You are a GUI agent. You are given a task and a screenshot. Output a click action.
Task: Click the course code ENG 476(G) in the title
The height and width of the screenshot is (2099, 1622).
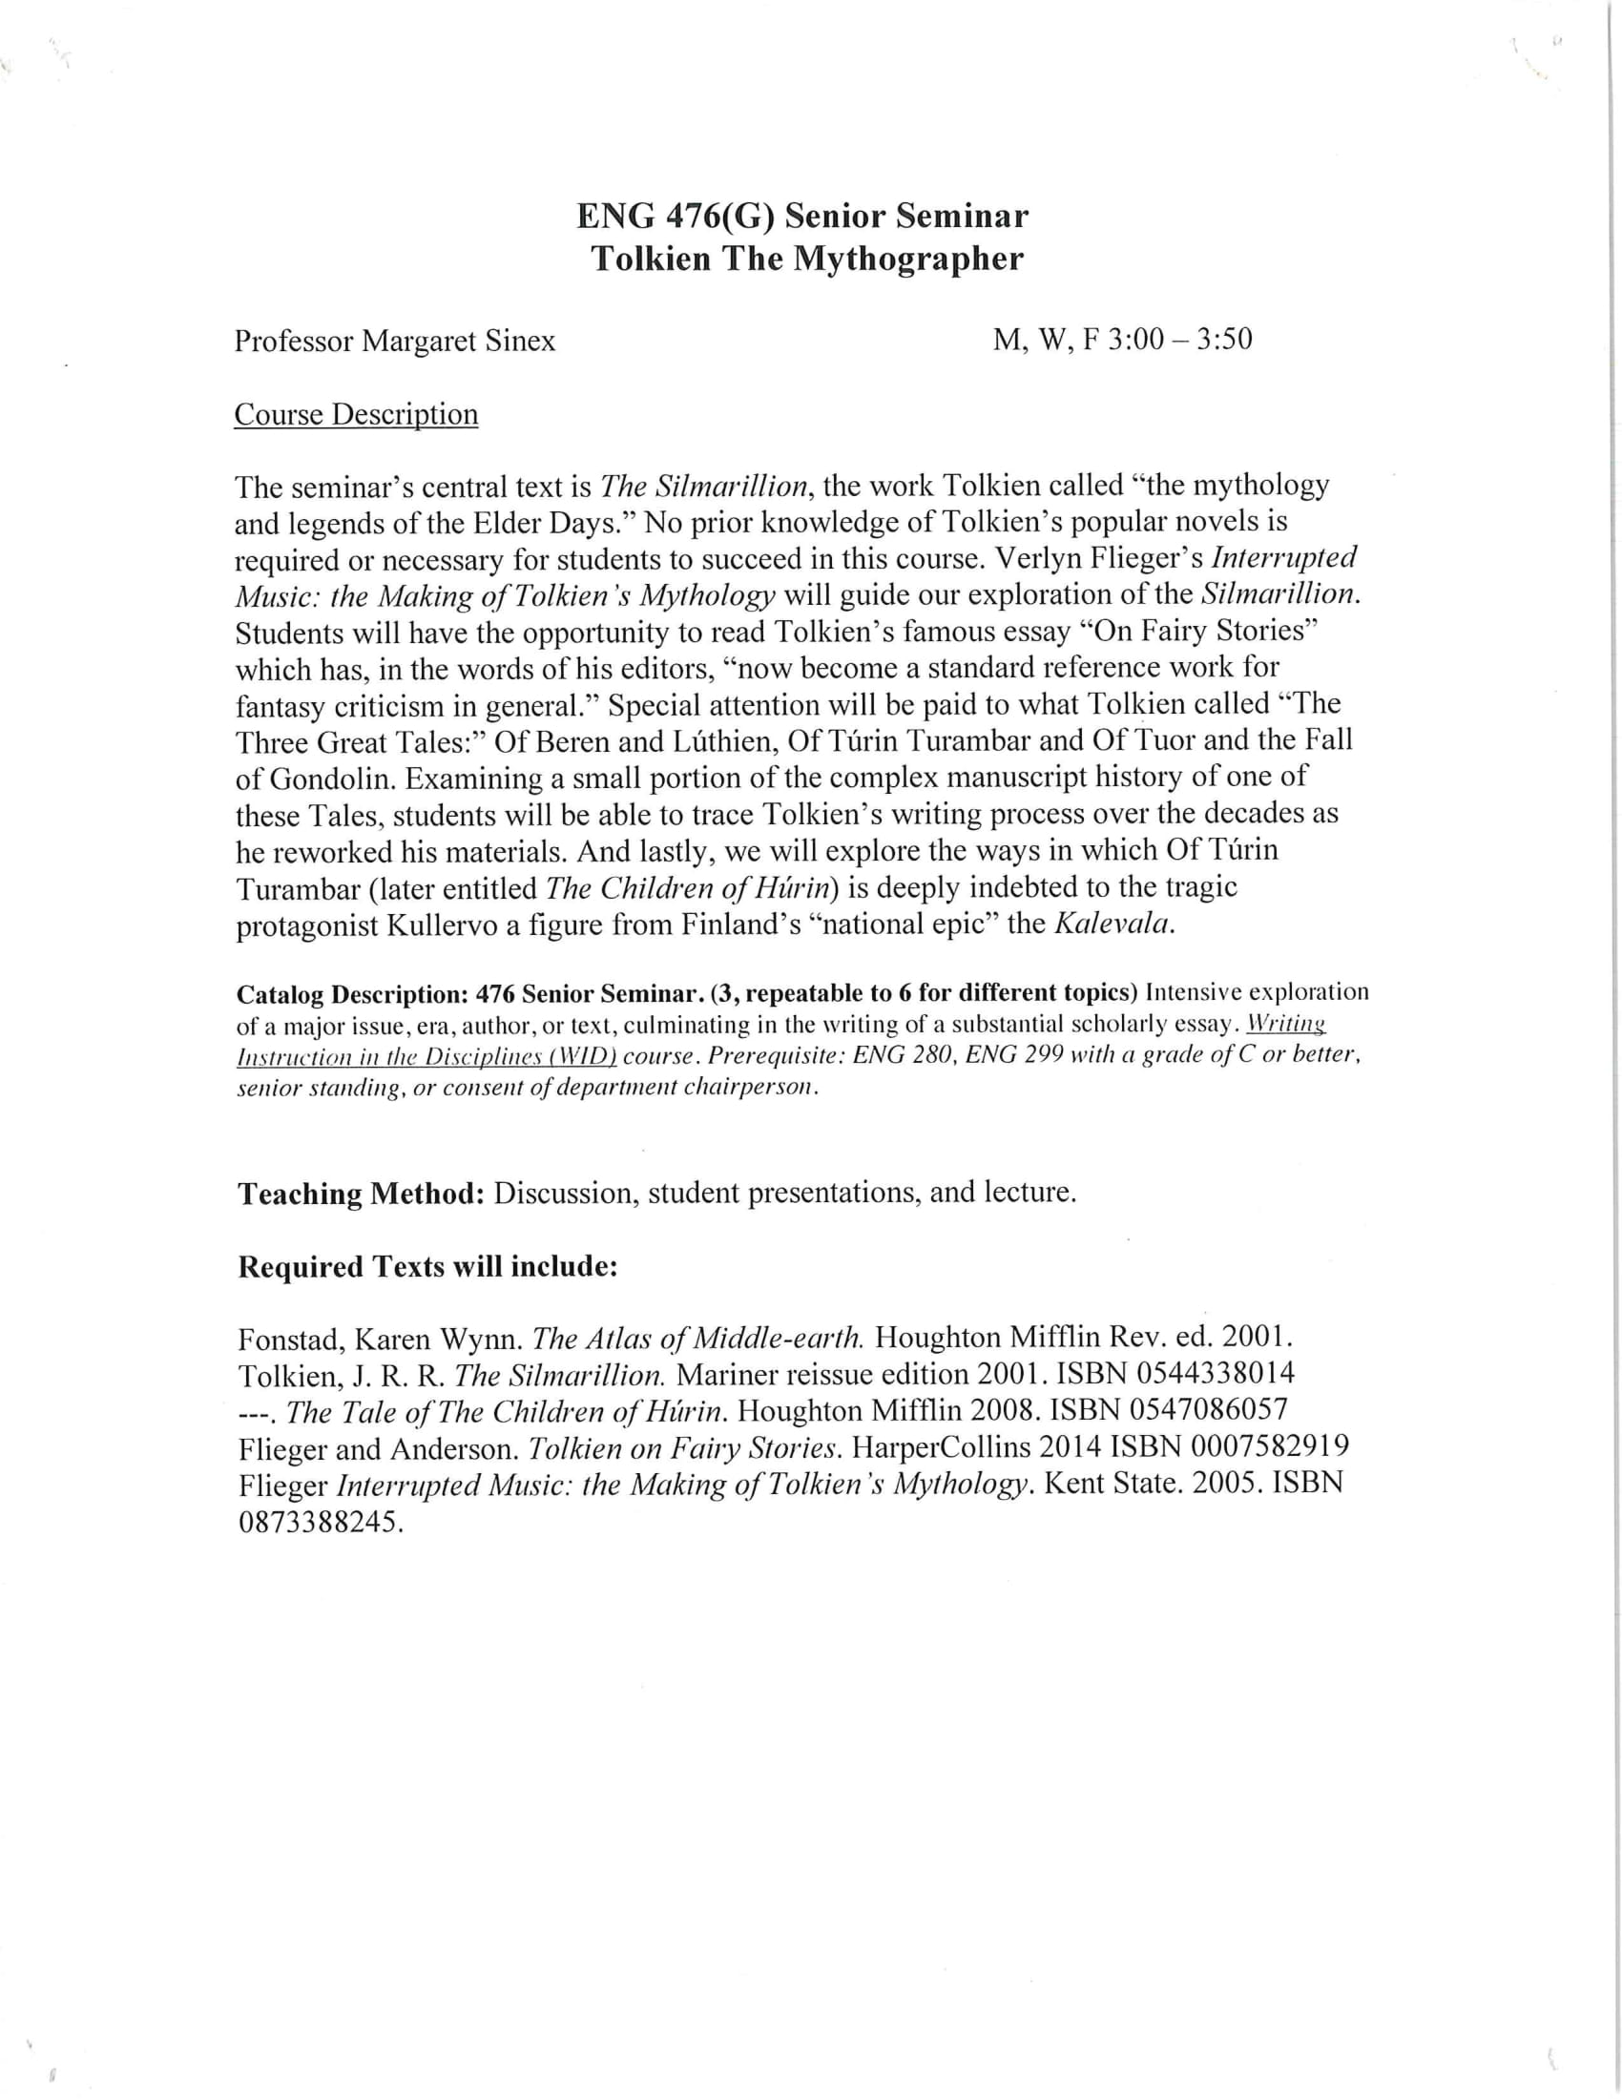[676, 217]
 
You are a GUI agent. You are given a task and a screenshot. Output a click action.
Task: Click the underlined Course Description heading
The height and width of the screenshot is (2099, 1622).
[356, 414]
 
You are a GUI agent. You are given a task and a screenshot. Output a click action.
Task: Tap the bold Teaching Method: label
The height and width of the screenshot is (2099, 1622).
[361, 1193]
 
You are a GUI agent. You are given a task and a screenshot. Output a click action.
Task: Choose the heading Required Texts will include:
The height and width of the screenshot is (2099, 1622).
[426, 1267]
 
